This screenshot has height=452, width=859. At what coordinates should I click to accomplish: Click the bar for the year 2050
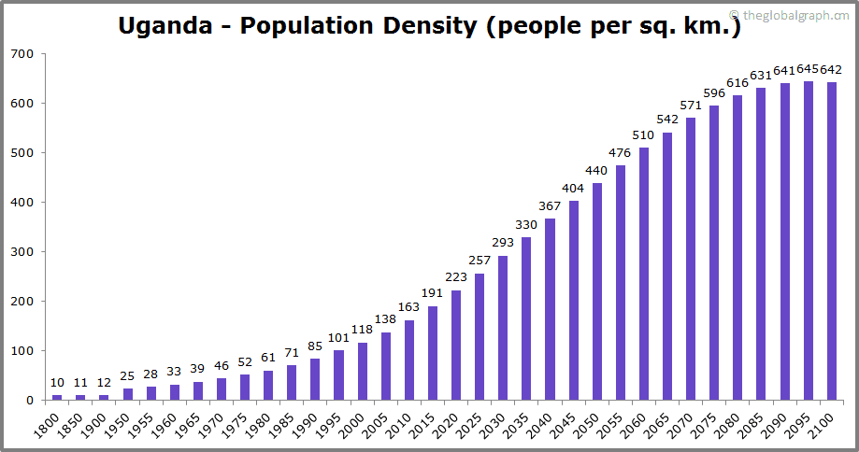pos(597,291)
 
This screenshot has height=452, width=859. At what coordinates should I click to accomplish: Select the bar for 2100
pos(832,241)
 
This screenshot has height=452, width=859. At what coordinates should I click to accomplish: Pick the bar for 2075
pos(714,252)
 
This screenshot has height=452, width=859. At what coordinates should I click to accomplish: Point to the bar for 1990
pos(315,379)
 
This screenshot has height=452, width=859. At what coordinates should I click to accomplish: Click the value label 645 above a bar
pos(809,69)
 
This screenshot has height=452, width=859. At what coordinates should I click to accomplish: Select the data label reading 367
pos(550,206)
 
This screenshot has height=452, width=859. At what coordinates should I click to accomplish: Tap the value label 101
pos(338,338)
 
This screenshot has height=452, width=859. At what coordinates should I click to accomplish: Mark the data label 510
pos(644,135)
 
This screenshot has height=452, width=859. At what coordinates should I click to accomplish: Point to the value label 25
pos(127,375)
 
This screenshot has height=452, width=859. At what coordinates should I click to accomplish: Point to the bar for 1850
pos(80,398)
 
